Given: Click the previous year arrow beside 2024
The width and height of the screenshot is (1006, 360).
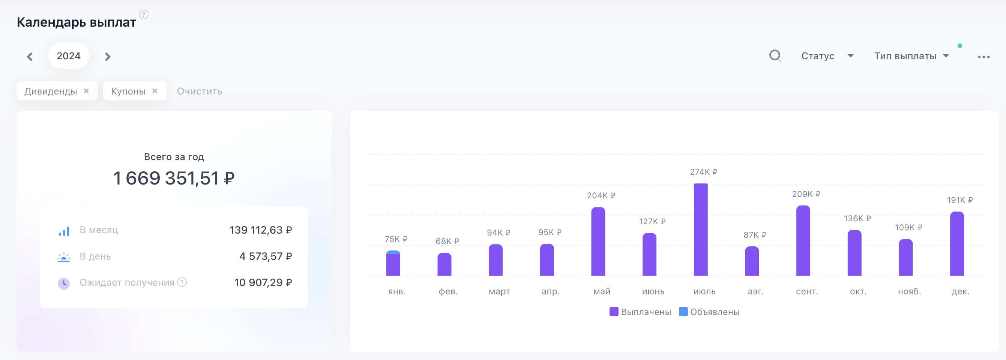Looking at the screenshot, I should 30,57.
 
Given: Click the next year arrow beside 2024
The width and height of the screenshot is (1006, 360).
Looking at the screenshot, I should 108,57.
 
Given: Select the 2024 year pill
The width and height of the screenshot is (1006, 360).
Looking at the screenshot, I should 69,56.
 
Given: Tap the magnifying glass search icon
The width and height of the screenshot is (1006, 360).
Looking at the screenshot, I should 775,56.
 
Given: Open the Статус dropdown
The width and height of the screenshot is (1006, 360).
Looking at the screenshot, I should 827,56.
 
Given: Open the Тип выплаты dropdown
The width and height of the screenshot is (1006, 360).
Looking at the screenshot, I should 911,56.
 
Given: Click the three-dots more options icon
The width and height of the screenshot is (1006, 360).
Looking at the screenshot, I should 983,57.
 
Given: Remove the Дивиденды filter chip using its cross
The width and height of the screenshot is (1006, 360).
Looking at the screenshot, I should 86,91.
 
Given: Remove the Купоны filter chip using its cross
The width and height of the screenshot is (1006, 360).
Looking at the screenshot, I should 155,91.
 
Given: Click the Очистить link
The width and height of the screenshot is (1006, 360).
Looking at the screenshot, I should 200,91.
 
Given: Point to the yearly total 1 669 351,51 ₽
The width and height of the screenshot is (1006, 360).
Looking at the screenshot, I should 174,178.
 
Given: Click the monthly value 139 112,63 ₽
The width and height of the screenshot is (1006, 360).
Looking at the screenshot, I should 260,230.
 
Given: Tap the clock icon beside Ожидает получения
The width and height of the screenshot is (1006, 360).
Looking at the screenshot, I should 64,283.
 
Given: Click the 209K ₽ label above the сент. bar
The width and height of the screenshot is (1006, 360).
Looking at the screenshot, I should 806,194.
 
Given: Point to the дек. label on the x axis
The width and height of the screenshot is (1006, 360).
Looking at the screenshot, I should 960,291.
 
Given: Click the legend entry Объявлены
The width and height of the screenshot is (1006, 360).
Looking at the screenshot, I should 709,312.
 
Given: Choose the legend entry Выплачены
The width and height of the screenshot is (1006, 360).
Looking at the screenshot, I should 640,312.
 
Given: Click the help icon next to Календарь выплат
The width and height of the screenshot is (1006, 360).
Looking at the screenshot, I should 144,15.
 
